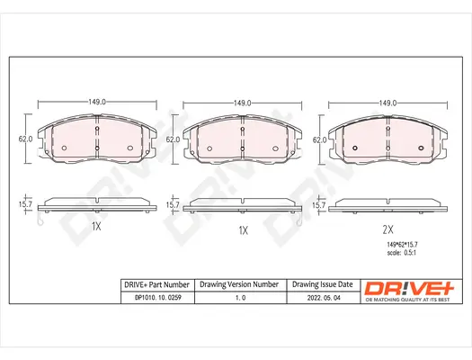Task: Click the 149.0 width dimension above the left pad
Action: pos(96,103)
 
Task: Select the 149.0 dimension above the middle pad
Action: pos(242,103)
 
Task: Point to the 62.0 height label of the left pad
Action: pos(26,139)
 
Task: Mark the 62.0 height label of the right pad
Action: pos(318,139)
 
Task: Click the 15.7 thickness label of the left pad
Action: pos(26,206)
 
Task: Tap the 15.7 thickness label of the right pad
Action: pos(318,206)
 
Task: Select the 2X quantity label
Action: pos(388,229)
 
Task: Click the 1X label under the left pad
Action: pos(96,229)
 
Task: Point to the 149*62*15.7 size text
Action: pos(391,246)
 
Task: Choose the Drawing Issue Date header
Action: pos(322,284)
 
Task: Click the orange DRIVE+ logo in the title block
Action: pos(406,288)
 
